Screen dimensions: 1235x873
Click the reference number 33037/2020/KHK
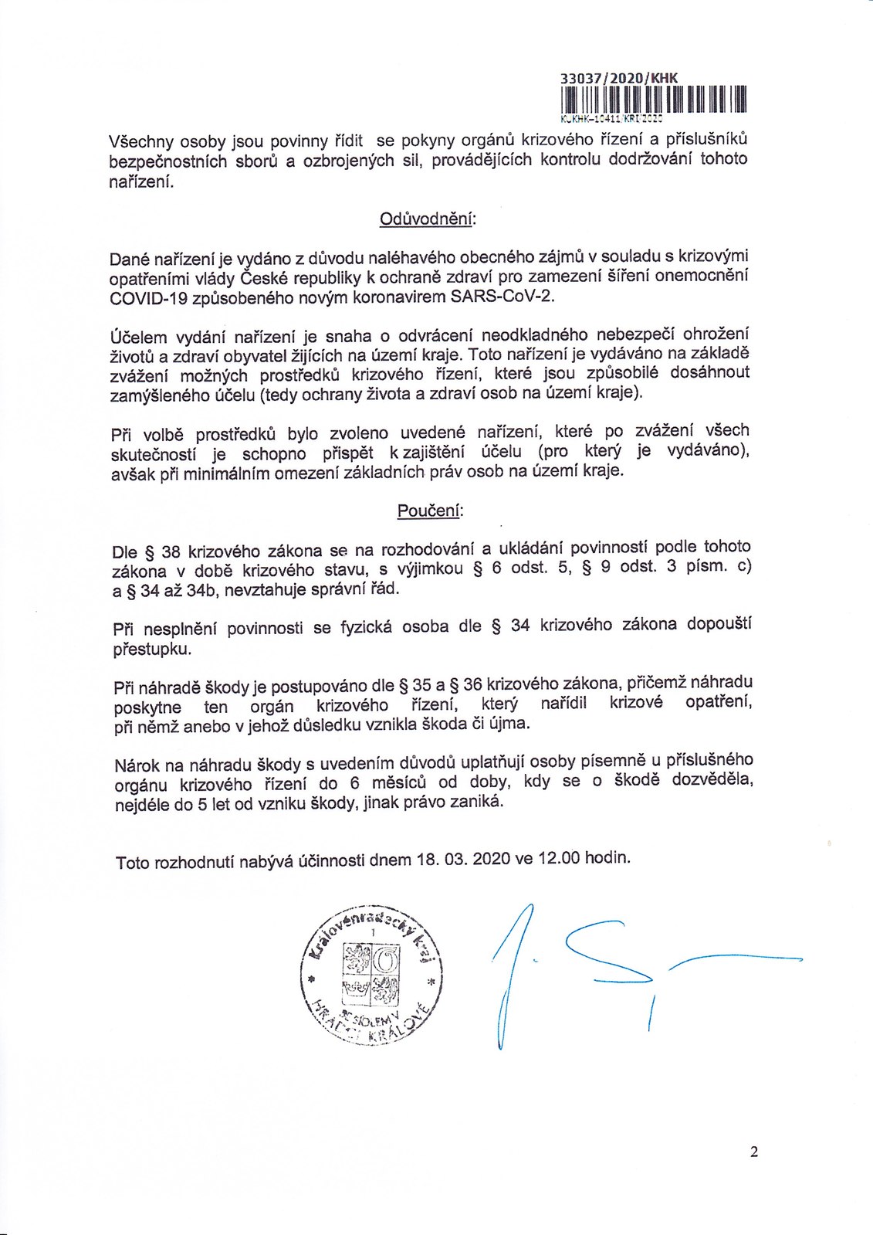point(618,76)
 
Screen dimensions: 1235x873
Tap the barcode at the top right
point(654,100)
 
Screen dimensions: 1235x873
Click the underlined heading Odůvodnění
point(428,219)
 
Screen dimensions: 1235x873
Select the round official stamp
point(374,977)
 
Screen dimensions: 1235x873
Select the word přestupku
point(152,649)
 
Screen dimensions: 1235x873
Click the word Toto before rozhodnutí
point(132,861)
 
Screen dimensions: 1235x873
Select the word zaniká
point(478,802)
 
